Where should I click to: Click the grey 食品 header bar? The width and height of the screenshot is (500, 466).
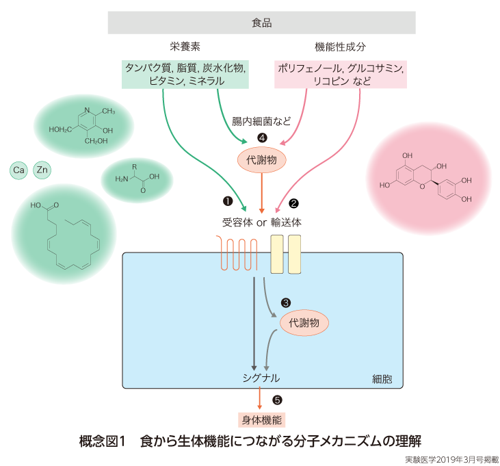[262, 23]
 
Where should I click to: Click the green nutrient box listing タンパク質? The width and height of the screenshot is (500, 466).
[185, 74]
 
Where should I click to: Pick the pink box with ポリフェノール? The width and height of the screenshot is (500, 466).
[341, 74]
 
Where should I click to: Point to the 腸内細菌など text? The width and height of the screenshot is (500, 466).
[262, 122]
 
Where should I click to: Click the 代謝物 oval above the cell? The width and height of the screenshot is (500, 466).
[261, 159]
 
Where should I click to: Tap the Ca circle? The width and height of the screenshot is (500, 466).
[19, 169]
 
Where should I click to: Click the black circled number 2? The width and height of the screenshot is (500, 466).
[294, 203]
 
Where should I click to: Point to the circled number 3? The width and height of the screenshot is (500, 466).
[286, 302]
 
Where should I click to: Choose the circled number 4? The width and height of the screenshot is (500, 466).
[261, 138]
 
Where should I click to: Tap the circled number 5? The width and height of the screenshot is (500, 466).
[277, 400]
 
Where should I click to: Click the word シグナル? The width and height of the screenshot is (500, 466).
[261, 378]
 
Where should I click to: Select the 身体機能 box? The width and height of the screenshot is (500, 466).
[261, 419]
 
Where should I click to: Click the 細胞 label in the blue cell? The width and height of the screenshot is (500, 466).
[382, 378]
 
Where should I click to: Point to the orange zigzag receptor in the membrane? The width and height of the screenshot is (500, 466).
[237, 253]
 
